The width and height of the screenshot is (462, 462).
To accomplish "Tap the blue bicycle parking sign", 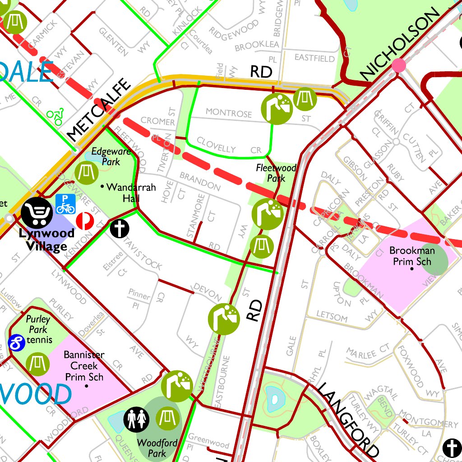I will [x=65, y=204].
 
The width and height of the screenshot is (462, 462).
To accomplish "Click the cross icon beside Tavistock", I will [x=120, y=228].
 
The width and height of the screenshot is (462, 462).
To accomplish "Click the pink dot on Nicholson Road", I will [x=399, y=65].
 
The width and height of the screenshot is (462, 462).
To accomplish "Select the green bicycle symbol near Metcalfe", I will [x=55, y=116].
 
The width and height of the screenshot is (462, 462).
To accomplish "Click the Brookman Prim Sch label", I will [x=412, y=256].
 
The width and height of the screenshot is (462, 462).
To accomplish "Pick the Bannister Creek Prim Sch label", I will [x=84, y=366].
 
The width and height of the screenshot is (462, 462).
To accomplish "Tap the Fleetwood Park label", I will [x=276, y=173].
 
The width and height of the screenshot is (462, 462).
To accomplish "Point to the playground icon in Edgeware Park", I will [x=86, y=173].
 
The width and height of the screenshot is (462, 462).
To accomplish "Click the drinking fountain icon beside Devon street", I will [x=223, y=319].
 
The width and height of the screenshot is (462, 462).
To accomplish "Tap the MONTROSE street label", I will [x=229, y=112].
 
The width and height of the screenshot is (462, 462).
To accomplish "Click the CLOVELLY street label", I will [x=216, y=148].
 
